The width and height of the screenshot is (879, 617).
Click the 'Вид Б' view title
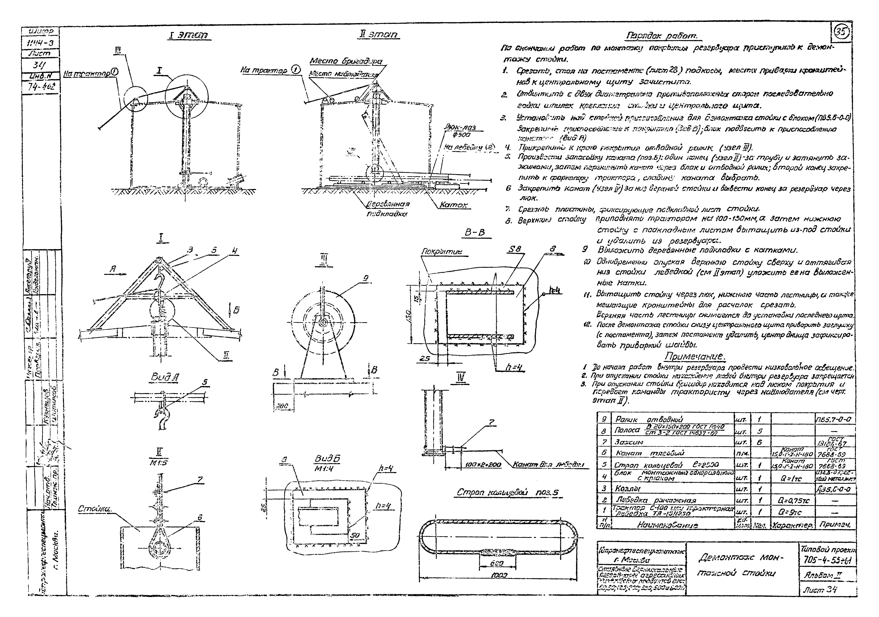tap(327, 459)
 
